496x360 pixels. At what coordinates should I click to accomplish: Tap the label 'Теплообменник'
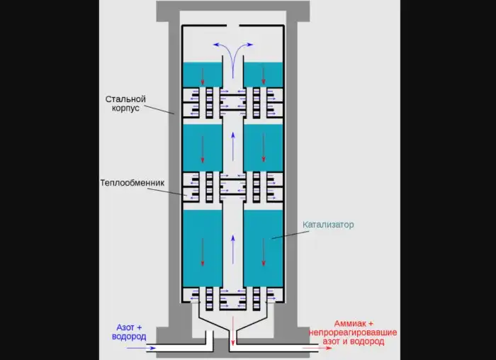(133, 182)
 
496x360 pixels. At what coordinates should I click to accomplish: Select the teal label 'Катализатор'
(328, 225)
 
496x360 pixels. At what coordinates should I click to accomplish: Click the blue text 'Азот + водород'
(130, 332)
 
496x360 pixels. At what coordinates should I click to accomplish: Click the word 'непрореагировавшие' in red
(353, 332)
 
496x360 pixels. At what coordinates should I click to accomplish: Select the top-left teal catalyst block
(203, 74)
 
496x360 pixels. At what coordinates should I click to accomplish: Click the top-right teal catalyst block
(264, 74)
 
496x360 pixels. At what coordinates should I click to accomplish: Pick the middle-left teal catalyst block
(203, 147)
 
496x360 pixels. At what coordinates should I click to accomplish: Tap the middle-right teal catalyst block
(264, 147)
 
